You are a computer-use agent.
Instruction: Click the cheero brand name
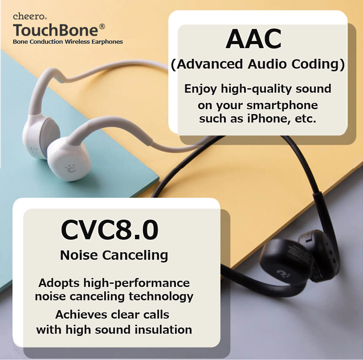(30, 16)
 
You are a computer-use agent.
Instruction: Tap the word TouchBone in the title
(56, 30)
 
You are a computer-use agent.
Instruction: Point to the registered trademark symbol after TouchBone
(102, 26)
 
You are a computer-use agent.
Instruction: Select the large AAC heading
(253, 39)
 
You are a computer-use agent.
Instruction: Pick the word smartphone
(282, 106)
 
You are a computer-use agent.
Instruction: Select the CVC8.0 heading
(110, 230)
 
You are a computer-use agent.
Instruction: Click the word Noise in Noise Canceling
(79, 255)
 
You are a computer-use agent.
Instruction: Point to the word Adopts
(59, 283)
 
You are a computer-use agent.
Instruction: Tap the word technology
(161, 297)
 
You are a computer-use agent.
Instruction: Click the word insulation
(163, 330)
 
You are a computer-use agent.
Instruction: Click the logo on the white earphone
(70, 168)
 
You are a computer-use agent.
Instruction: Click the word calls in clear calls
(156, 315)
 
